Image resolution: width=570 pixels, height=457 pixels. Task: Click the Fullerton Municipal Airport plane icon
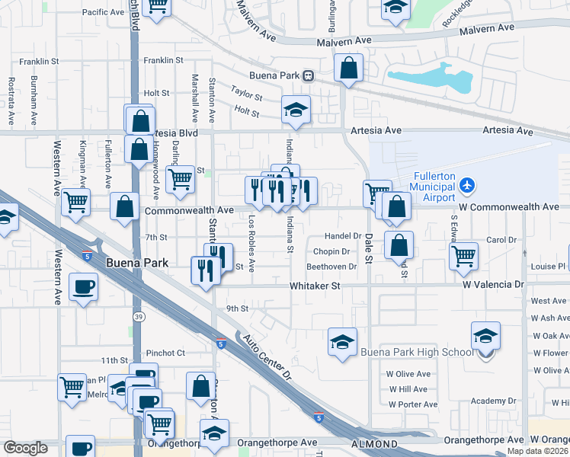tap(467, 185)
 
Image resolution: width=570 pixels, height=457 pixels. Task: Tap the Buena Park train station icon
tap(309, 75)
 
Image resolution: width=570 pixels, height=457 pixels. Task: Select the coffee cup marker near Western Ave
tap(83, 288)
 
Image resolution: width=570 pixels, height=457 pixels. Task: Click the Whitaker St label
tap(314, 286)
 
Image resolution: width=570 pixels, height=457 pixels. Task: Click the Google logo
tap(26, 448)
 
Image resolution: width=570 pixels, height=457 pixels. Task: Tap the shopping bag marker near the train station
tap(348, 68)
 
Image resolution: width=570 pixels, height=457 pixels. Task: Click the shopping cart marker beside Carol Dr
tap(463, 257)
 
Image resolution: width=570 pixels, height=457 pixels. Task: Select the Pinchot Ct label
tap(165, 353)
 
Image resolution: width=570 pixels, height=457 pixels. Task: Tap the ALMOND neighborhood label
tap(374, 444)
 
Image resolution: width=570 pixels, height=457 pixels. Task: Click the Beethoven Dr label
tap(331, 267)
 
